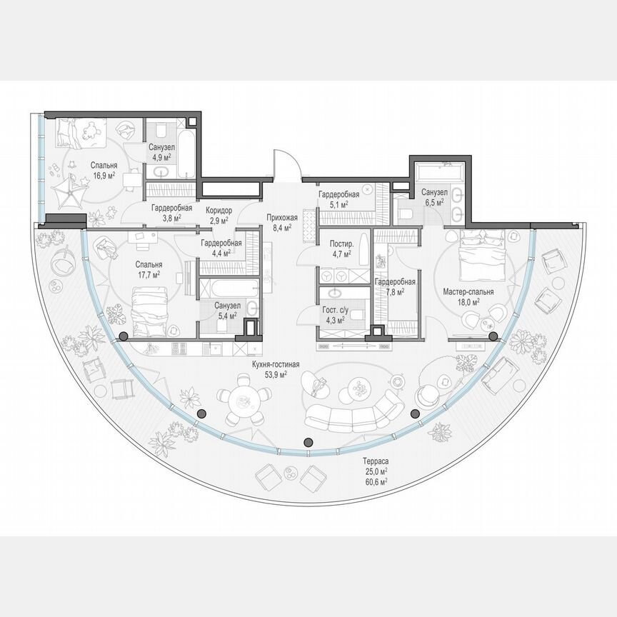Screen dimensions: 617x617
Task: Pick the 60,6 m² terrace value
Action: pos(374,483)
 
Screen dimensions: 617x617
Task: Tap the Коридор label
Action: pos(219,211)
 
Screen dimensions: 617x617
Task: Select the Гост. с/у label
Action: pos(333,310)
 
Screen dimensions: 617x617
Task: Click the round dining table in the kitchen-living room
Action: pos(241,402)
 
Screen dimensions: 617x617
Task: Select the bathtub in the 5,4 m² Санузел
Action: pos(228,288)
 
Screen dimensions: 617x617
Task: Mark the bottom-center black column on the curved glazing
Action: pos(308,441)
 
